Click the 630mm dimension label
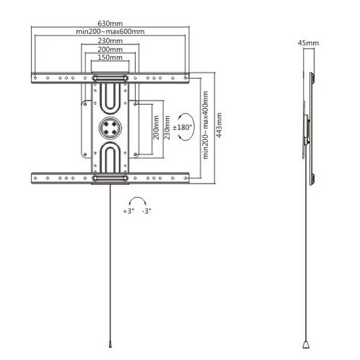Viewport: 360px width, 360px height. point(110,23)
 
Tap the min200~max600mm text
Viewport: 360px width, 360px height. point(110,32)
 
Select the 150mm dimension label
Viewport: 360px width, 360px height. point(110,57)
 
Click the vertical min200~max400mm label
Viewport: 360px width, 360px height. point(205,125)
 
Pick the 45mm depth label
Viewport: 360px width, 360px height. point(308,43)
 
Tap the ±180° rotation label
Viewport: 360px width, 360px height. point(182,127)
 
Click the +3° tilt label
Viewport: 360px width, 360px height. point(129,211)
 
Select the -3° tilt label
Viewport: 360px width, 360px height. point(146,211)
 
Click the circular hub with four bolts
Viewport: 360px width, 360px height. point(110,128)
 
